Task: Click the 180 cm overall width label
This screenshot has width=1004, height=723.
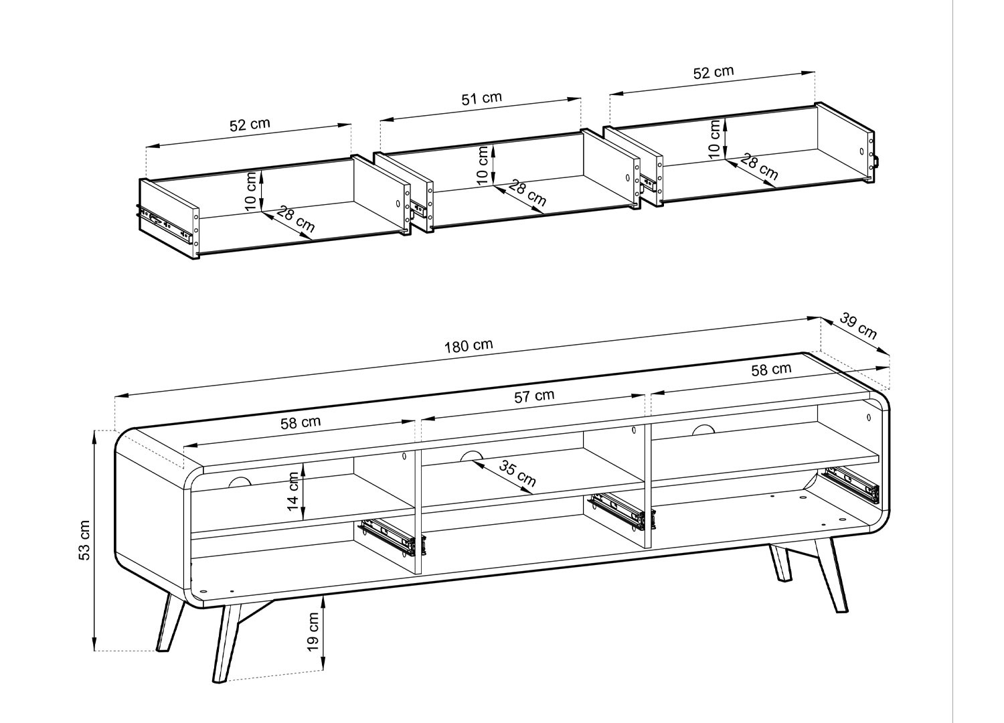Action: coord(469,345)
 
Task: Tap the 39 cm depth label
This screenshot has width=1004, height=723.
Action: coord(858,325)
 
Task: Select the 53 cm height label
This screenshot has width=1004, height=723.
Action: coord(84,540)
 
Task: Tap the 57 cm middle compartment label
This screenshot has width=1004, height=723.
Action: coord(534,396)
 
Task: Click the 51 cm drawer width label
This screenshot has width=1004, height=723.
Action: coord(482,98)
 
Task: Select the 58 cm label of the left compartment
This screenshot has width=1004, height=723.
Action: coord(301,422)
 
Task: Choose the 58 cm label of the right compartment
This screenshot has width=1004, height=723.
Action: coord(771,370)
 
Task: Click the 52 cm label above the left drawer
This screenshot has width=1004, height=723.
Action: coord(250,124)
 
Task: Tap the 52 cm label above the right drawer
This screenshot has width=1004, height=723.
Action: coord(714,72)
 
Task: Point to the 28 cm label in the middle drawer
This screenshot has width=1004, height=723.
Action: coord(527,193)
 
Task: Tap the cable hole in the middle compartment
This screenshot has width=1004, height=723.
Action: coord(471,455)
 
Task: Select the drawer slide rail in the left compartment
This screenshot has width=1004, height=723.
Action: coord(391,538)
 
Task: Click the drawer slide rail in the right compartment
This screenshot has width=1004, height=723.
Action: coord(849,485)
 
